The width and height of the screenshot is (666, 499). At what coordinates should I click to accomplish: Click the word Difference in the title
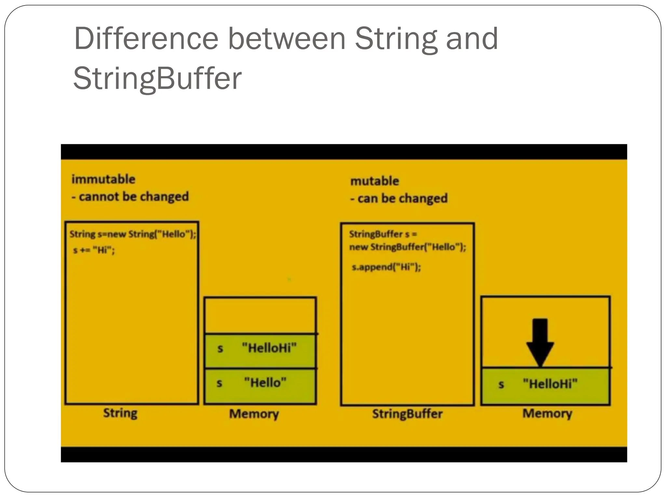[146, 39]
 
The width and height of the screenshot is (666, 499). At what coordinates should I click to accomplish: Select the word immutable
[103, 179]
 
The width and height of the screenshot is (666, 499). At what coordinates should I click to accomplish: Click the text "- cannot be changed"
[130, 197]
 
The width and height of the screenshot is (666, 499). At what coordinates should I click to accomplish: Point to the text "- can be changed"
[399, 198]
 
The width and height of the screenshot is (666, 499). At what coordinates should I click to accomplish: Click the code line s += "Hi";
[94, 250]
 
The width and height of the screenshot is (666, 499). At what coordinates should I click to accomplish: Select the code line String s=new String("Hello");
[133, 234]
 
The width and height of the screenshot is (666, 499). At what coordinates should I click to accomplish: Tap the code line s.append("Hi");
[386, 267]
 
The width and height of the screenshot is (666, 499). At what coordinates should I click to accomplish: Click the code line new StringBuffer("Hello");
[407, 247]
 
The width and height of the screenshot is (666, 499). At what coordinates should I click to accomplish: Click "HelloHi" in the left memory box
[269, 348]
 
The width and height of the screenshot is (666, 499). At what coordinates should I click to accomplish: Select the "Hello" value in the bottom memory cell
[265, 383]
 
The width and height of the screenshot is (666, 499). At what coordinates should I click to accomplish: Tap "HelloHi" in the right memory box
[550, 384]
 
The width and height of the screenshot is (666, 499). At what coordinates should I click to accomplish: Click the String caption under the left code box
[120, 413]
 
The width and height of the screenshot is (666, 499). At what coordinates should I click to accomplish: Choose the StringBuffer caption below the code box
[407, 414]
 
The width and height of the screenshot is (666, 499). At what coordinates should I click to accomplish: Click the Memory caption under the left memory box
[254, 414]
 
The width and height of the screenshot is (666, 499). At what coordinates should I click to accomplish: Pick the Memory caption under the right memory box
[547, 413]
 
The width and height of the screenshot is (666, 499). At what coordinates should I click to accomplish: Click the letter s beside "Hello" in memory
[220, 383]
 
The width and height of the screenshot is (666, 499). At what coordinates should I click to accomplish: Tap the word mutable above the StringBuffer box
[375, 181]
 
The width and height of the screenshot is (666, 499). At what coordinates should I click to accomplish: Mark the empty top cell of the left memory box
[260, 315]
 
